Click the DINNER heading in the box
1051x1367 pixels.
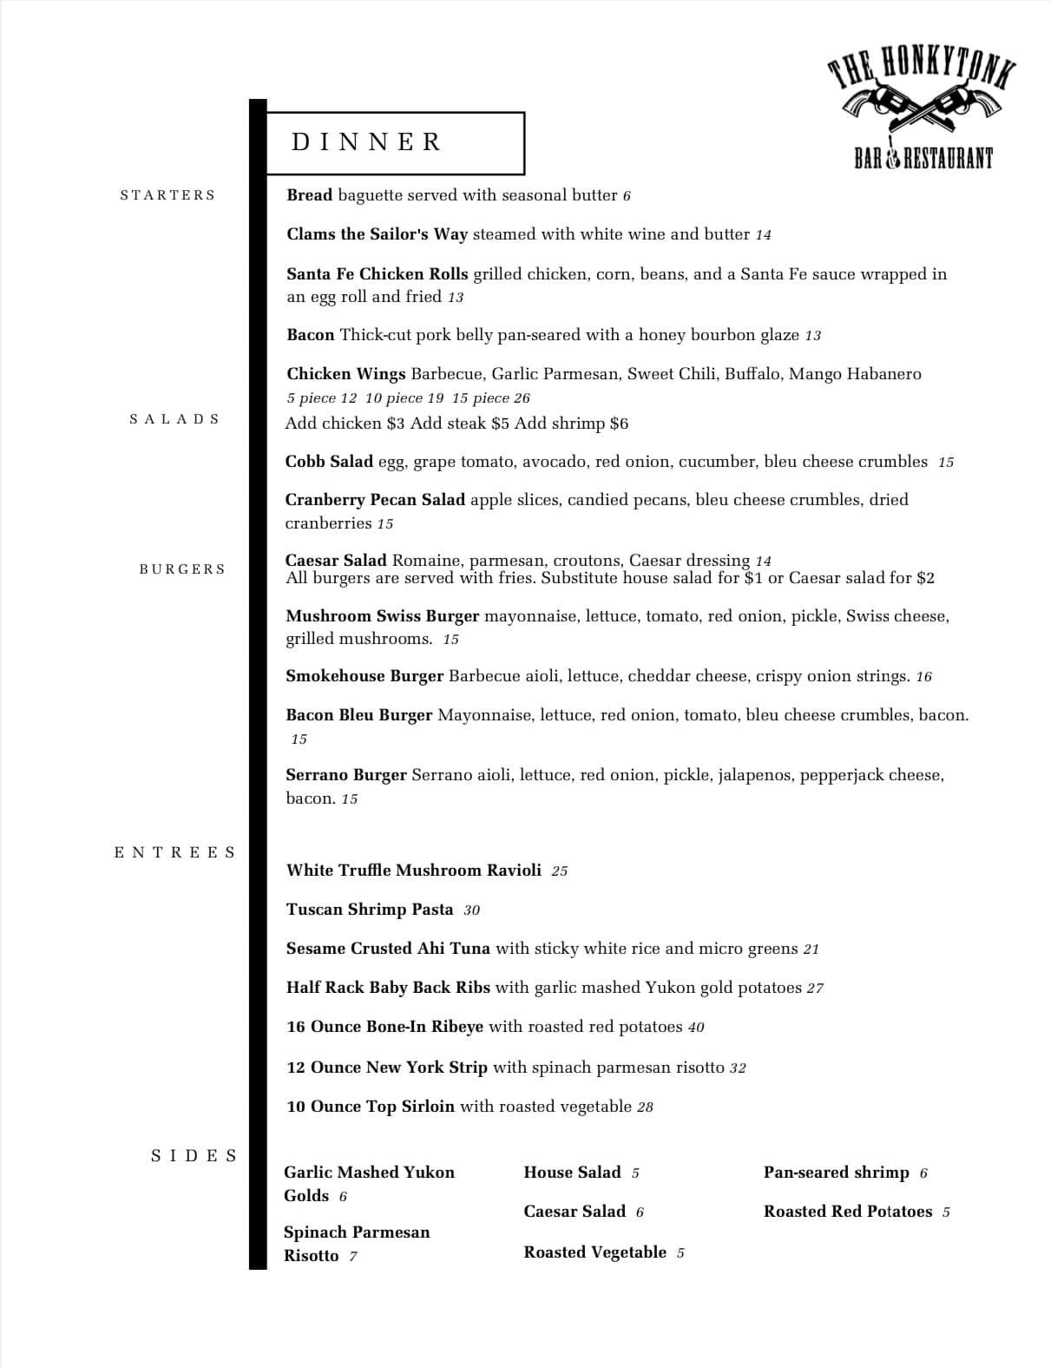(367, 142)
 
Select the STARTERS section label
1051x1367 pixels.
(168, 195)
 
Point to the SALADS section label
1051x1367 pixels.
(174, 419)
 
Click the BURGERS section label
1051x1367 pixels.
(182, 569)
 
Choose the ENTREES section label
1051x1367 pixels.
(174, 852)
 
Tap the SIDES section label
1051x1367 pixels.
(194, 1156)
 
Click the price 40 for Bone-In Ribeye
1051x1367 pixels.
(696, 1028)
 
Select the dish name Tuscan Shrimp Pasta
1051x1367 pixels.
(370, 910)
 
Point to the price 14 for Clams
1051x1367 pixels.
(763, 235)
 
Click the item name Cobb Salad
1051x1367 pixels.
(329, 462)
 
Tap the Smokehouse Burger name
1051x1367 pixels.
(365, 676)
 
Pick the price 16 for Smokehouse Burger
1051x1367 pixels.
(923, 677)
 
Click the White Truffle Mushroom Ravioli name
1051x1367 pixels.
(414, 871)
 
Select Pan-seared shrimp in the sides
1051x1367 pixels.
(836, 1173)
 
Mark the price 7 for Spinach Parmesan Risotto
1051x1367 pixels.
(353, 1257)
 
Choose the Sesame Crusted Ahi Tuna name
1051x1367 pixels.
(388, 949)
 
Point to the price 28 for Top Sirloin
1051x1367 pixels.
(644, 1107)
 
